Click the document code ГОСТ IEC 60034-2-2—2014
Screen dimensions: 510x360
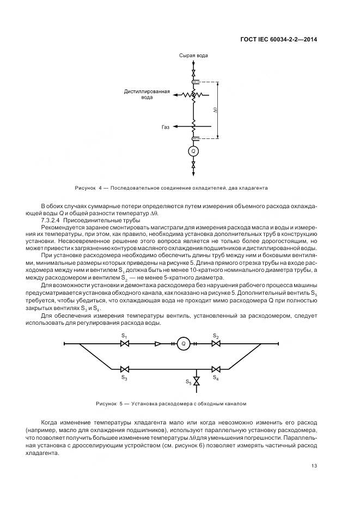[278, 39]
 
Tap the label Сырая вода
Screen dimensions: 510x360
[193, 56]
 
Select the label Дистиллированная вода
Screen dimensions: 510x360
[147, 94]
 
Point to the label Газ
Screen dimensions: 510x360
[165, 127]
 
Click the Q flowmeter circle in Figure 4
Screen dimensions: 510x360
[193, 151]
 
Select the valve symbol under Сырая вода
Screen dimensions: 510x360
[193, 72]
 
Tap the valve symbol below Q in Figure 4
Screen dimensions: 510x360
[193, 164]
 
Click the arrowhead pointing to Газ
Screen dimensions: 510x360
[176, 127]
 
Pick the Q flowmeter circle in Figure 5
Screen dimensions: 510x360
[184, 344]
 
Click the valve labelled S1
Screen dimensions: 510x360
[124, 344]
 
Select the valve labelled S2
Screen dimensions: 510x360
[216, 344]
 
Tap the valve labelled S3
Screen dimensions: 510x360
[124, 368]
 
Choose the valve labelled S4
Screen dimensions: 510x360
[216, 368]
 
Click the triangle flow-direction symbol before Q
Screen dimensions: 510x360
[158, 344]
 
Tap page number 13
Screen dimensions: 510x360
[314, 465]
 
